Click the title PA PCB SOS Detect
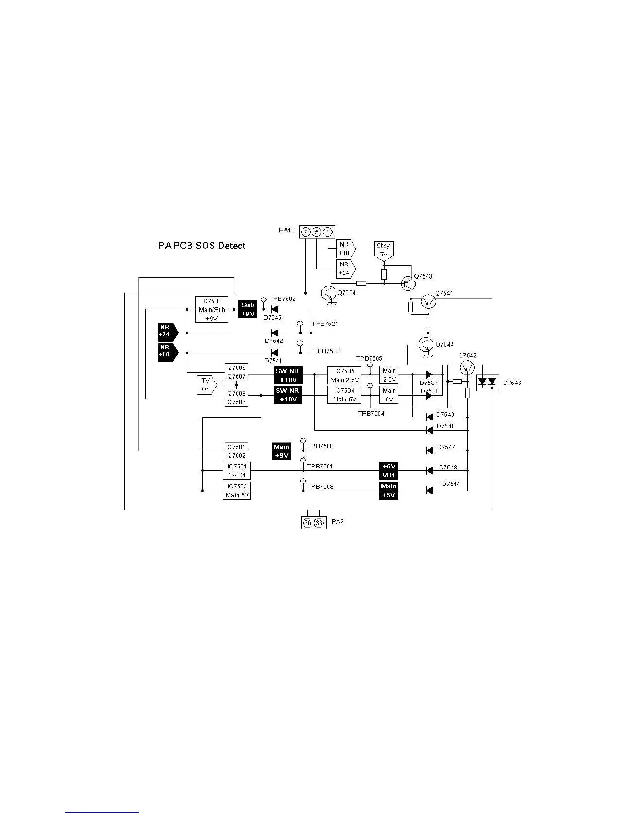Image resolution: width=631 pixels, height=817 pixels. coord(202,246)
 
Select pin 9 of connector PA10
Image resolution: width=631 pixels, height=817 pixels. coord(306,232)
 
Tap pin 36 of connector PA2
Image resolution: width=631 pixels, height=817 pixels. coord(308,523)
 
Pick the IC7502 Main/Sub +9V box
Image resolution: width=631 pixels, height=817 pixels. coord(212,309)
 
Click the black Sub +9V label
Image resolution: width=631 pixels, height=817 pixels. coord(247,309)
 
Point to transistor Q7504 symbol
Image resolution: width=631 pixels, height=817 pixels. coord(328,293)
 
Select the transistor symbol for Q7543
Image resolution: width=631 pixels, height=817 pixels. coord(408,283)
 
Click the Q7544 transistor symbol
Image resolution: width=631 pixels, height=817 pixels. coord(426,345)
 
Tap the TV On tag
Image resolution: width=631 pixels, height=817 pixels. coord(206,385)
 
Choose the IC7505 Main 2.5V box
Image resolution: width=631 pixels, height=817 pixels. coord(344,375)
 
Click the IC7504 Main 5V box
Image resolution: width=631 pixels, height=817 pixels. coord(344,395)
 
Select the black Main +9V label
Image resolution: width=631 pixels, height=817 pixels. coord(281,451)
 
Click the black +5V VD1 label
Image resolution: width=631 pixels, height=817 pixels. coord(389,470)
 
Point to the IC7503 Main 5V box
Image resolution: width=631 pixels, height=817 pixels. coord(237,491)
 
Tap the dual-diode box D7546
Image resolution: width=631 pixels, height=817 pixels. coord(487,383)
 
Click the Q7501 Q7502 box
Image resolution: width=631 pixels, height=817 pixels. coord(237,451)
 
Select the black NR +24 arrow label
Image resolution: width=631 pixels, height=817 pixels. coord(167,331)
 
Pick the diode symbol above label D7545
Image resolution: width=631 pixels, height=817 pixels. coord(274,309)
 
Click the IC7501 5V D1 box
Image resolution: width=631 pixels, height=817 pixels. coord(237,470)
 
